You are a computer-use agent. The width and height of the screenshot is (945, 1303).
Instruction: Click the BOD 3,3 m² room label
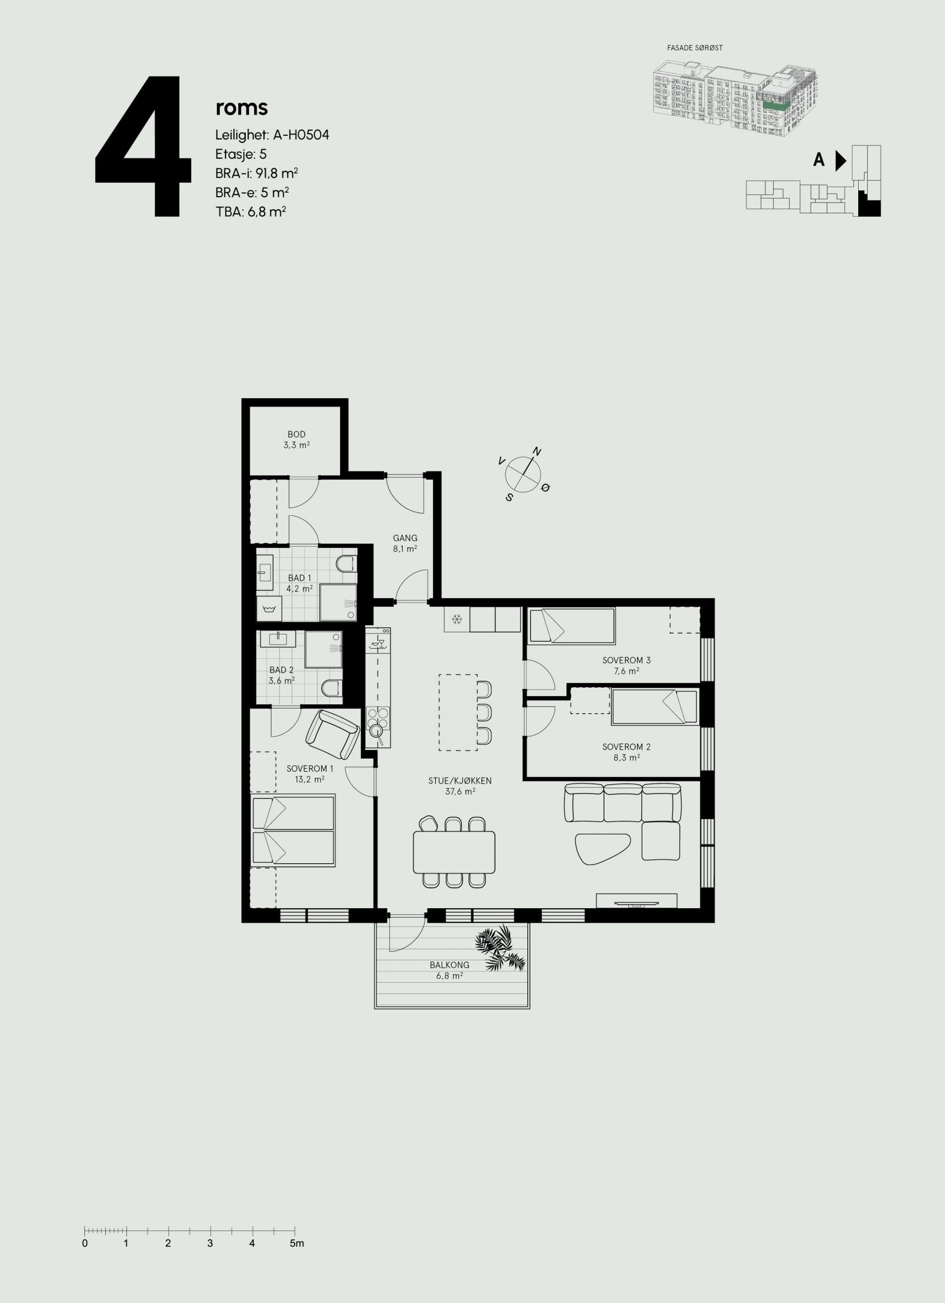(296, 440)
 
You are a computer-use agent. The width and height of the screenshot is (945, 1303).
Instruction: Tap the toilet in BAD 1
(346, 564)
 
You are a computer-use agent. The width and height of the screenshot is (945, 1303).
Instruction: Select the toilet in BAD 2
(332, 688)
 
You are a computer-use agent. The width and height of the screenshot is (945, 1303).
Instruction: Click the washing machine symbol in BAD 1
(269, 608)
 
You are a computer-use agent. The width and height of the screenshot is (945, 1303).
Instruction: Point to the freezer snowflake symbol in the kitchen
(457, 619)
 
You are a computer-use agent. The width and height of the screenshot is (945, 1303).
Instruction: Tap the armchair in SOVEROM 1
(332, 735)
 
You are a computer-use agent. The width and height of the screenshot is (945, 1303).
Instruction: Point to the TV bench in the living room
(636, 917)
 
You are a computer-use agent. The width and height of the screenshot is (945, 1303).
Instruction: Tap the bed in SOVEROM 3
(572, 626)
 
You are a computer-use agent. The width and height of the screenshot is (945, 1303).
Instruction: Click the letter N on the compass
(537, 452)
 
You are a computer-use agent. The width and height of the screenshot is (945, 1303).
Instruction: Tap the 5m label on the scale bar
(296, 1227)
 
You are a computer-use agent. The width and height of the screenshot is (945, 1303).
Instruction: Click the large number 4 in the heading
(144, 147)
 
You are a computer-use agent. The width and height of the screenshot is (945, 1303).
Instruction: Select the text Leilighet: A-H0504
(272, 135)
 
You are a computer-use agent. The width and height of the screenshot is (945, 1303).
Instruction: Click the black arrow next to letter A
(840, 160)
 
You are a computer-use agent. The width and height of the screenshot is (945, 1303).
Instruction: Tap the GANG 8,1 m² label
(405, 542)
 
